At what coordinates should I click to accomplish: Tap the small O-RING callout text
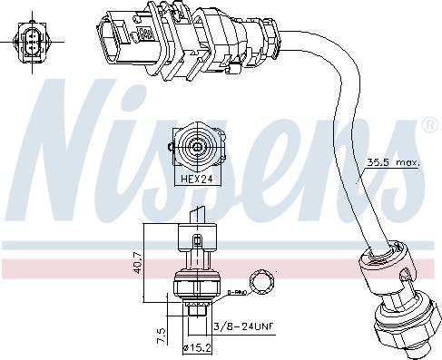click(x=238, y=291)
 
